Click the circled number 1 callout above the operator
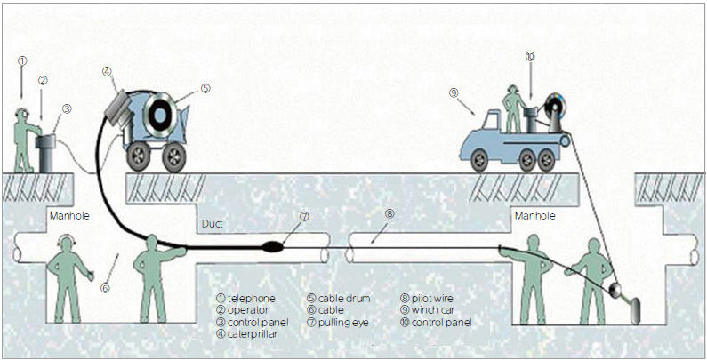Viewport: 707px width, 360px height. coord(23,60)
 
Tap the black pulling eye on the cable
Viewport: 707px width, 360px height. coord(273,246)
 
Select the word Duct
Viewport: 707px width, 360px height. coord(213,224)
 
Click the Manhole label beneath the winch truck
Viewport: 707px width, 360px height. coord(535,216)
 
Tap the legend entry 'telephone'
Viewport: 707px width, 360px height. coord(246,299)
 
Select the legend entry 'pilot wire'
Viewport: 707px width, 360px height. coord(427,299)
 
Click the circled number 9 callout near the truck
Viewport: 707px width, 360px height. coord(454,92)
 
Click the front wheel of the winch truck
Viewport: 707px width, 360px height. coord(479,159)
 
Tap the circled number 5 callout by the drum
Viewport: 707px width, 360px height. coord(205,88)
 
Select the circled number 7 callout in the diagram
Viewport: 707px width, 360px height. coord(304,216)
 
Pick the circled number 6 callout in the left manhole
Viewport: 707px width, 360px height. coord(105,288)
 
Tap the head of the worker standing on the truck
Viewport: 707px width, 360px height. coord(512,90)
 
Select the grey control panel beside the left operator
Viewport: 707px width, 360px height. coord(45,152)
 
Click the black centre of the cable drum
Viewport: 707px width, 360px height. coord(159,116)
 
